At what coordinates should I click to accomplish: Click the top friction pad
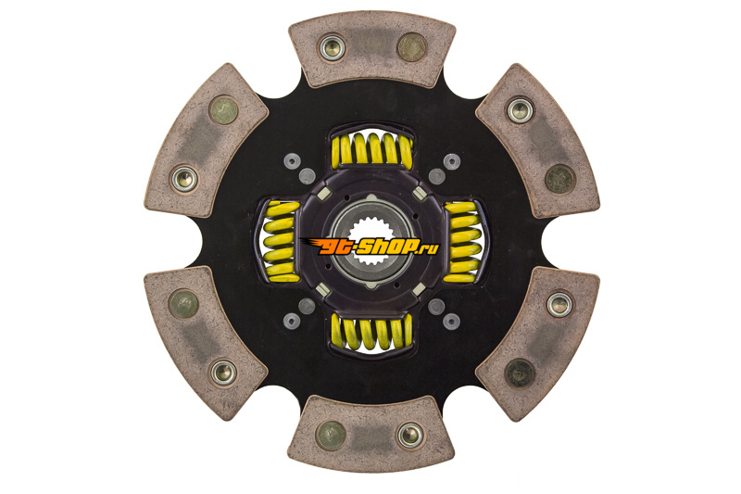coord(372,49)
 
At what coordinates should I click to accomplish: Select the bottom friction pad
coord(371,434)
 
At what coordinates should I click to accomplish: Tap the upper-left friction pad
coord(207,140)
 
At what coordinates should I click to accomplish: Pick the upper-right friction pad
coord(538,140)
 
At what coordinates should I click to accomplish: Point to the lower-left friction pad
coord(206,343)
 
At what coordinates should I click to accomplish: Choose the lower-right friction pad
coord(538,344)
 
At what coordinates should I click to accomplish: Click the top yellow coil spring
coord(372,149)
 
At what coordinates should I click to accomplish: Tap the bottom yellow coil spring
coord(372,333)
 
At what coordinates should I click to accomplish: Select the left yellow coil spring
coord(282,242)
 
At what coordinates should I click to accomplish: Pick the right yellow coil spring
coord(463,242)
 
